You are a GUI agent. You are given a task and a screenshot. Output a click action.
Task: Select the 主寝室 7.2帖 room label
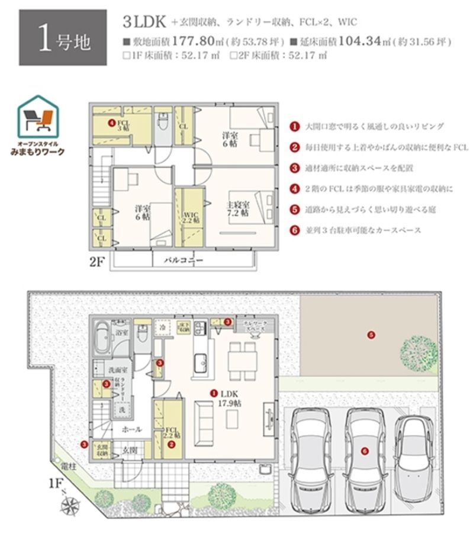pos(237,208)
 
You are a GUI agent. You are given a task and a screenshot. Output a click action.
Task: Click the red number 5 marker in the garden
pos(371,335)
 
